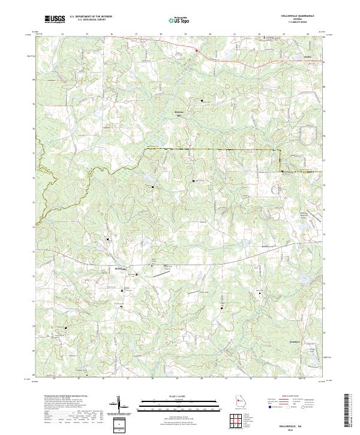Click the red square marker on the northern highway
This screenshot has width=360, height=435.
click(x=196, y=51)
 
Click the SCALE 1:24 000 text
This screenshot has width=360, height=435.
click(x=164, y=397)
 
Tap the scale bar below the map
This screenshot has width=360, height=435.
click(x=164, y=404)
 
